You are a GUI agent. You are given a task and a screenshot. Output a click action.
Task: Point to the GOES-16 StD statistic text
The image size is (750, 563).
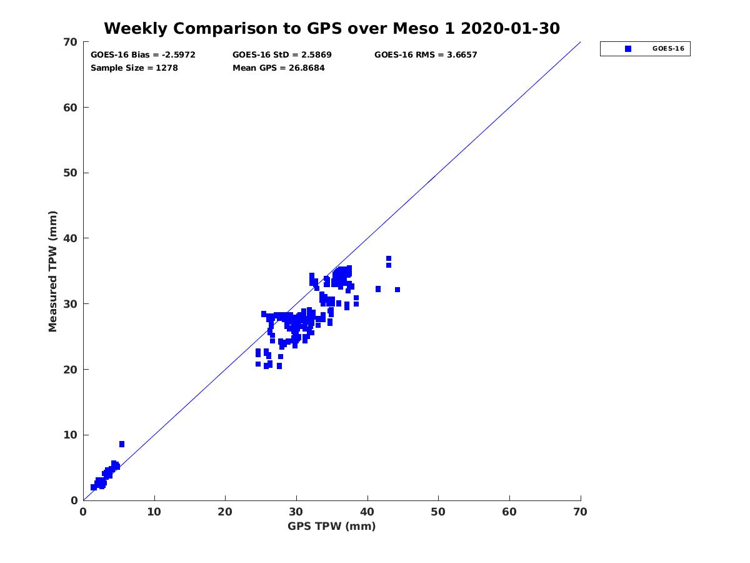pos(282,55)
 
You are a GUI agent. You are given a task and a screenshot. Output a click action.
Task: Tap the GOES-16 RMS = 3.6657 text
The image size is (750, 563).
pos(426,55)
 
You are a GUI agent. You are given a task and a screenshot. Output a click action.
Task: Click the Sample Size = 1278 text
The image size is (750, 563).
pos(134,68)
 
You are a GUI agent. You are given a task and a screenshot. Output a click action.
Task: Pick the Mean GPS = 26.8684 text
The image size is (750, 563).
pos(279,68)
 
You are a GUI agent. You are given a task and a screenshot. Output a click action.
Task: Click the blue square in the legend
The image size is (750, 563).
pos(628,49)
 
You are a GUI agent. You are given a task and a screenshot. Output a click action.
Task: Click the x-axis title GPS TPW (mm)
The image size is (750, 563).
pos(332,526)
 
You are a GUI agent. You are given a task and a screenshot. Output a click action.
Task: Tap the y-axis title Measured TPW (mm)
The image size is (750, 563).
pos(53,271)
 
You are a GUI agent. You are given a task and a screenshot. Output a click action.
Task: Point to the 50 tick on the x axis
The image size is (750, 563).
pos(439,512)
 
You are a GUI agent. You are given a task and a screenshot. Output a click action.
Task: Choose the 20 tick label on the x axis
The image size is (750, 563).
pos(226,512)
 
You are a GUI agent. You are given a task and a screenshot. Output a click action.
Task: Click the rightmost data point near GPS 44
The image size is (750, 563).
pos(397,290)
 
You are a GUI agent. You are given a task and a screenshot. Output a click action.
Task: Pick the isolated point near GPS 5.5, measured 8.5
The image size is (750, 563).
pos(122,444)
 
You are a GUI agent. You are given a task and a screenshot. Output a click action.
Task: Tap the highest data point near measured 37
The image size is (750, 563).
pos(389,258)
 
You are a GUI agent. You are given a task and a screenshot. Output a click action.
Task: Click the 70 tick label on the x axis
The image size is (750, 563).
pos(581,512)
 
